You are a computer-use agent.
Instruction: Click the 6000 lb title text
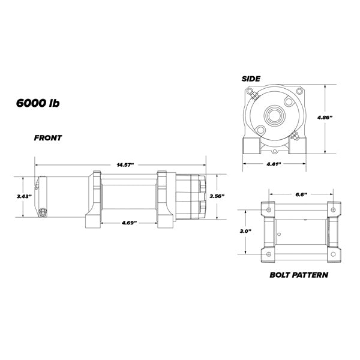[x=37, y=102]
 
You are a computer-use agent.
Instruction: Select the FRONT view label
[x=47, y=137]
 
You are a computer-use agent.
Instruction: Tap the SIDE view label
[x=250, y=79]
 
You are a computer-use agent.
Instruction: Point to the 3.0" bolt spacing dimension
[x=245, y=230]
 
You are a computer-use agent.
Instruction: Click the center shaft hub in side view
[x=275, y=115]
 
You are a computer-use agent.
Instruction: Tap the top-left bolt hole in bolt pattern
[x=268, y=209]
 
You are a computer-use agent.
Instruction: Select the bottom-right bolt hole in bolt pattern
[x=330, y=255]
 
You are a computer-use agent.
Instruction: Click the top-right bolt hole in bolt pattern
[x=330, y=209]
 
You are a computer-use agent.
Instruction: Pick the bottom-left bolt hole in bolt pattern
[x=268, y=255]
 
